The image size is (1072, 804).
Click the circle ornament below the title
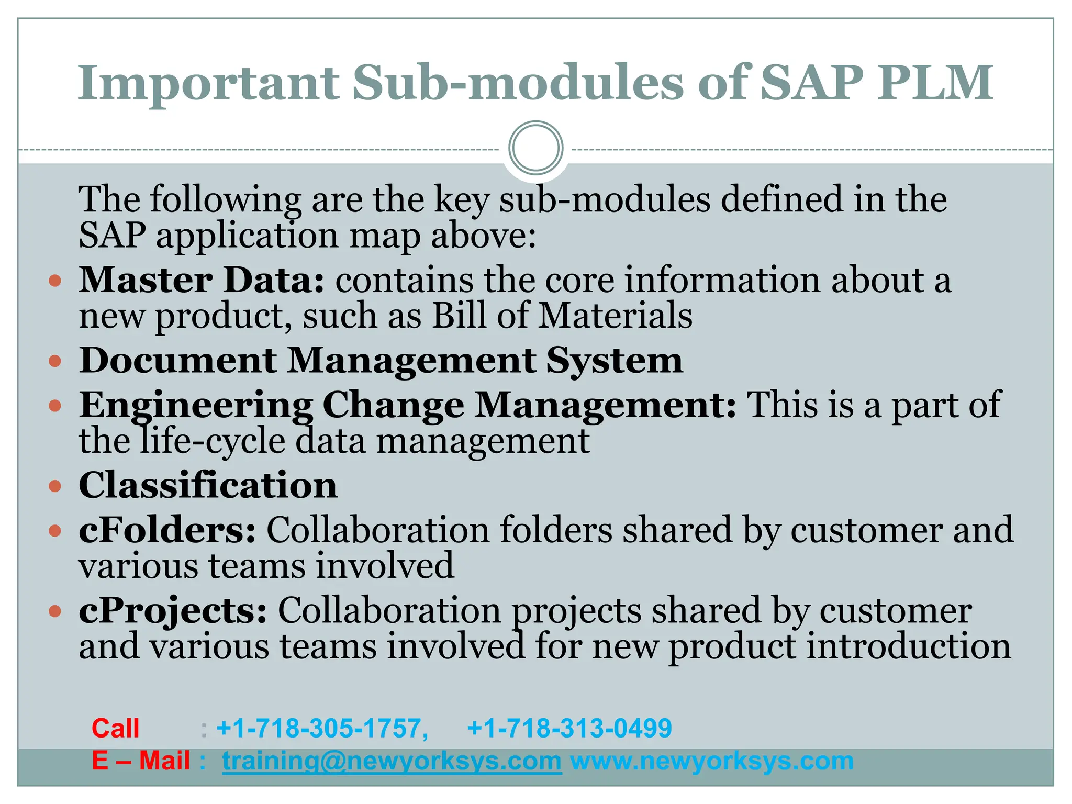[x=535, y=148]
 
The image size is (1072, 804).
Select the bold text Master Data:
[x=202, y=280]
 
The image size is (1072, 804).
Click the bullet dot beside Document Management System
[x=55, y=361]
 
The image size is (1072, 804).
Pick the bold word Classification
[x=208, y=485]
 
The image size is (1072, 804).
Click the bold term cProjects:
[x=173, y=610]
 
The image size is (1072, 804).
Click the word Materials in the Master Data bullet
[x=615, y=316]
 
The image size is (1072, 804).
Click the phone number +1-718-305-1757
[x=322, y=728]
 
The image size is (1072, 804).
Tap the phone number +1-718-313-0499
[x=569, y=728]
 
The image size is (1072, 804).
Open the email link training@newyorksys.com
[x=392, y=761]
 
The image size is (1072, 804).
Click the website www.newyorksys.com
[x=711, y=761]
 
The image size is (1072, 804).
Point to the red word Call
[x=115, y=728]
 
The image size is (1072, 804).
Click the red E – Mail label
[x=140, y=761]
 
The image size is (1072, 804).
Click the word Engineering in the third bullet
[x=196, y=406]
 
